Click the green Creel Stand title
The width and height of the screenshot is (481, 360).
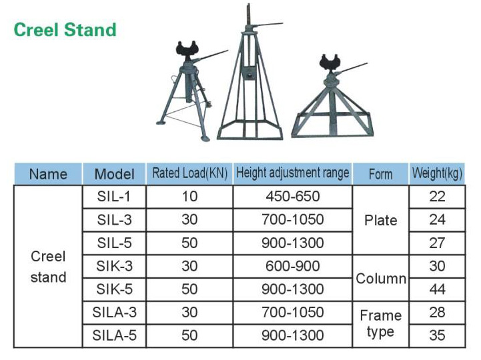pos(65,30)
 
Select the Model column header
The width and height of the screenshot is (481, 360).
pos(115,174)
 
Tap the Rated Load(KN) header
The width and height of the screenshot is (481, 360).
pos(190,173)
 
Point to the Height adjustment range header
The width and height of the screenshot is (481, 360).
pos(293,173)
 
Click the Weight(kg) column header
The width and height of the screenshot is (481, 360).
pos(437,173)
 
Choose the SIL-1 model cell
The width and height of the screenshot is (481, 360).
pos(114,196)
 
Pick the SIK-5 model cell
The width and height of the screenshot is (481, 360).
pos(115,289)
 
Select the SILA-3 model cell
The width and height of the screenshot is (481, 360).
pos(115,313)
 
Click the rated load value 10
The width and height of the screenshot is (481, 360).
pos(189,196)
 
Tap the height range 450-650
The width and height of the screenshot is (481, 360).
pos(293,196)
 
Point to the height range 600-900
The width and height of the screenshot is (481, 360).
pos(293,266)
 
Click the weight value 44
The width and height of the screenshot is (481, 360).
pos(437,289)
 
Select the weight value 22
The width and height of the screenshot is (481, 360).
pos(437,196)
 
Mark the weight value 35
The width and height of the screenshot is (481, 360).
pos(437,335)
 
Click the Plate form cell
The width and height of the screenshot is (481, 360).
pos(381,220)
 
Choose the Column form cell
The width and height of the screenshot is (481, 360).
pos(381,279)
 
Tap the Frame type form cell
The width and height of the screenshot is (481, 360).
pos(381,324)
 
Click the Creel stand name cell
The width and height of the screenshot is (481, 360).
pos(48,267)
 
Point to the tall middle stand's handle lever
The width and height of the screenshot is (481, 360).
pos(268,24)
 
